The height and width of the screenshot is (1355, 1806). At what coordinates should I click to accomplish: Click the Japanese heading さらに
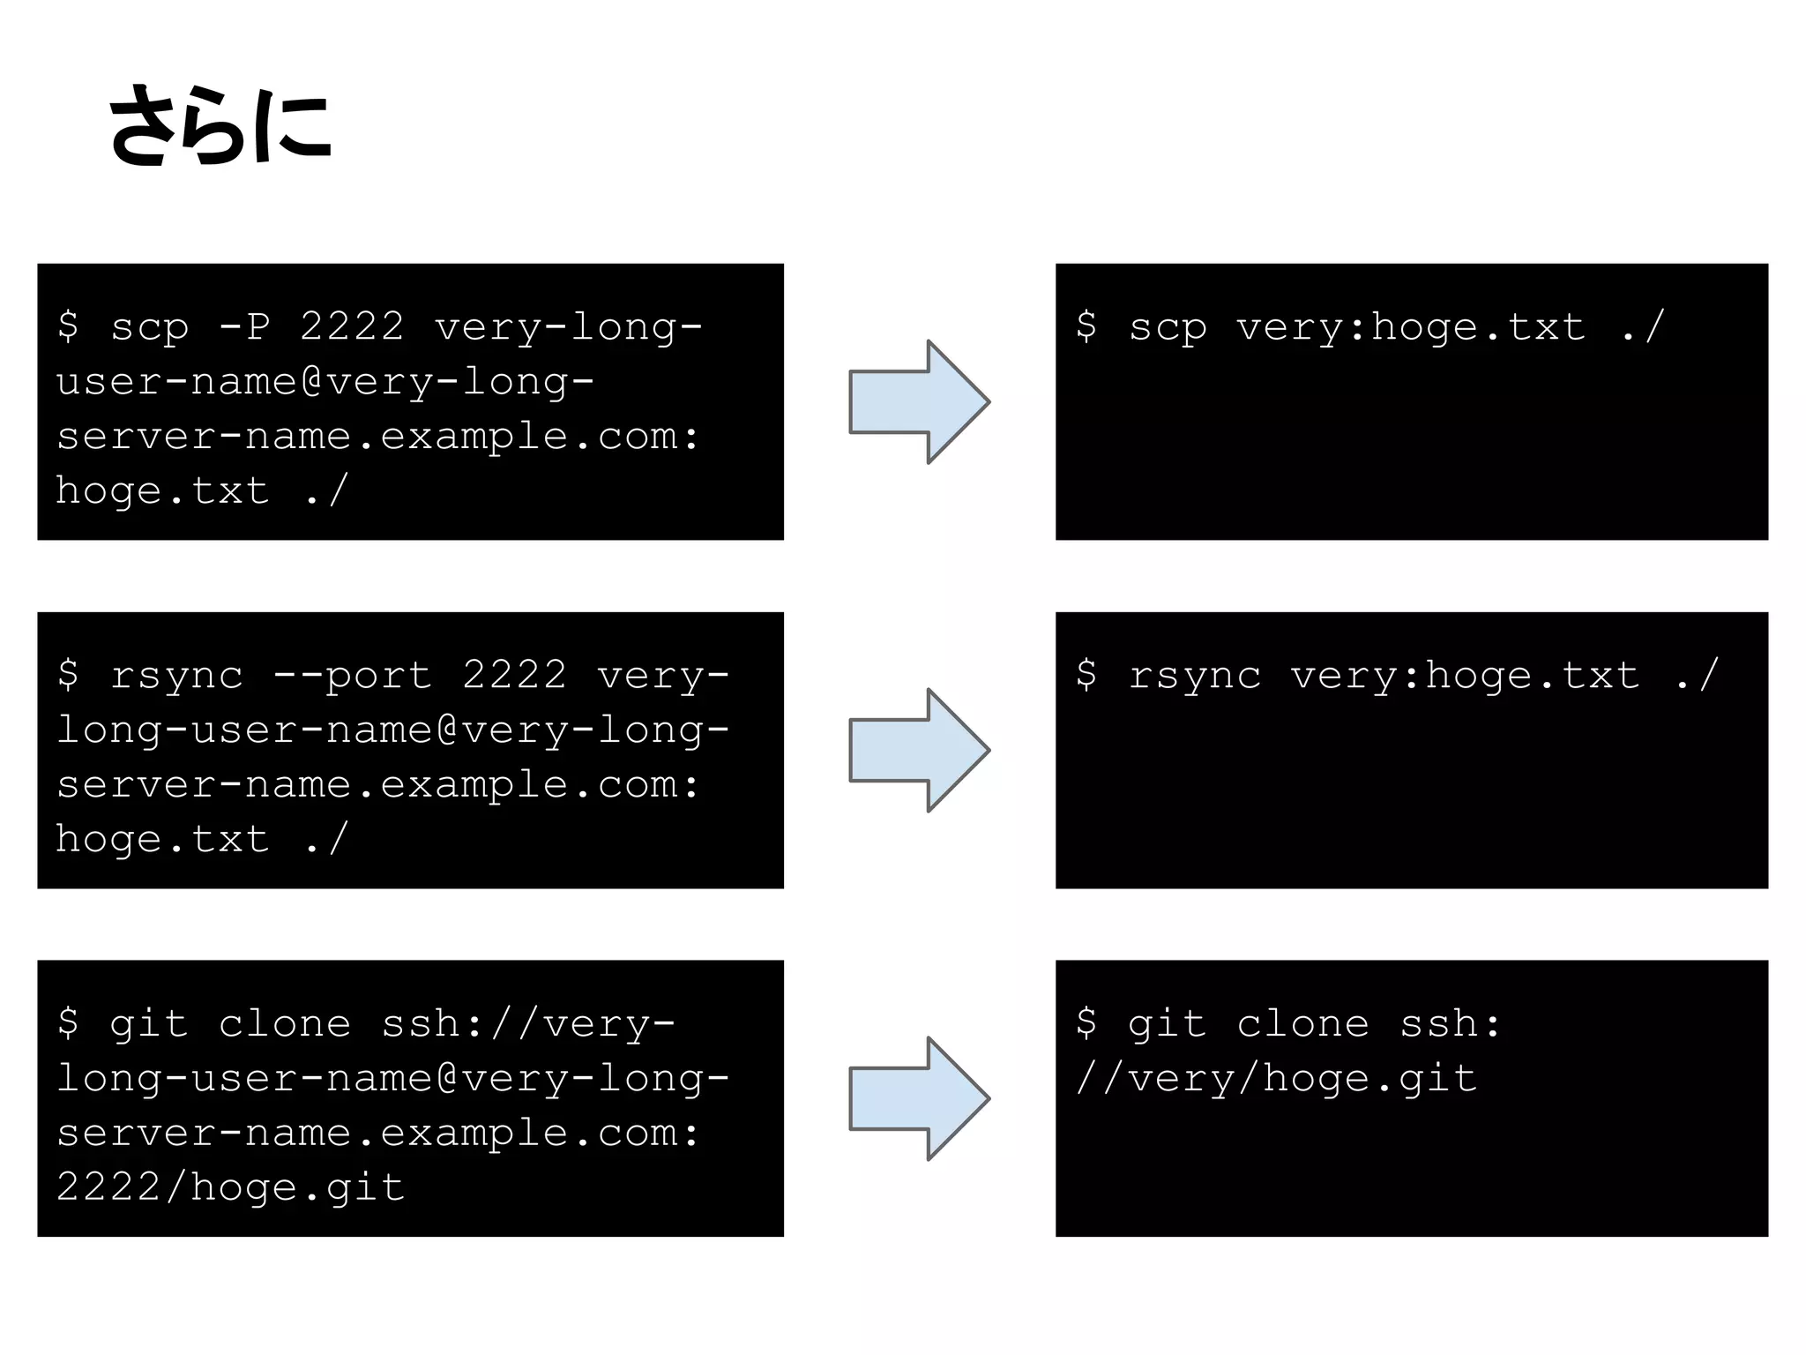pos(220,125)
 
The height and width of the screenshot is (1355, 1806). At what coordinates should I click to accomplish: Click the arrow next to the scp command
pos(918,401)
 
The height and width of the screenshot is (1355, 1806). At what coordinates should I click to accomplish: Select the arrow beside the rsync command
pos(918,750)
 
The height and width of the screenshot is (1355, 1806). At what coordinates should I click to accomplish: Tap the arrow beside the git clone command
pos(918,1098)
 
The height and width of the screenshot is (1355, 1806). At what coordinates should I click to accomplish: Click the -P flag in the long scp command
pos(244,326)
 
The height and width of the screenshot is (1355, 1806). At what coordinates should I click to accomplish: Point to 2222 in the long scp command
pos(352,326)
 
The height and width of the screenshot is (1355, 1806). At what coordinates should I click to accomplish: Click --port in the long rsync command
pos(352,675)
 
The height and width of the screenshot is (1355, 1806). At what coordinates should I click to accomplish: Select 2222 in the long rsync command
pos(514,675)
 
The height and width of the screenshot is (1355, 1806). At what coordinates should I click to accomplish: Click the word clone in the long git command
pos(284,1023)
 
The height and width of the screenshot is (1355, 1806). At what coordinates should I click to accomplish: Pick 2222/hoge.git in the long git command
pos(230,1187)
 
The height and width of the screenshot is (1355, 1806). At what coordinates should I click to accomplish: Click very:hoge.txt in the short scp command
pos(1411,326)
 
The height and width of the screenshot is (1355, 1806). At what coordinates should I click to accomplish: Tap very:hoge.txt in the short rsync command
pos(1465,675)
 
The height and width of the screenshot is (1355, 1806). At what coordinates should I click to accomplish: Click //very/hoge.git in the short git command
pos(1276,1078)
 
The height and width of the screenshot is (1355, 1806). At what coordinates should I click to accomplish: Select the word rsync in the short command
pos(1195,676)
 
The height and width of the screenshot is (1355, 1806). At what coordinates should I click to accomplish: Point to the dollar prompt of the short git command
pos(1086,1023)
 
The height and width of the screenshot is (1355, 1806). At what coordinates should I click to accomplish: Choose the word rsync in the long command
pos(176,676)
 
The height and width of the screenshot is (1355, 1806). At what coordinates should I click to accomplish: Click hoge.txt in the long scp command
pos(162,490)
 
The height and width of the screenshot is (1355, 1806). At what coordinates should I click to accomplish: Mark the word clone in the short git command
pos(1302,1023)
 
